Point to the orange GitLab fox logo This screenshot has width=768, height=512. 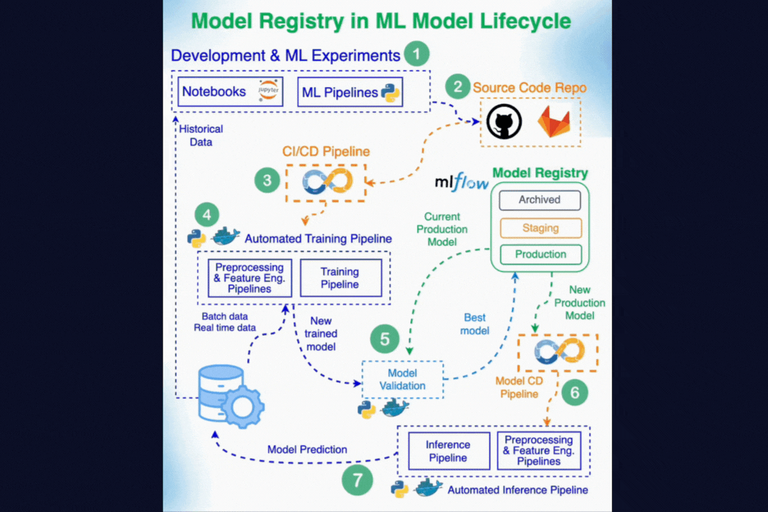[553, 122]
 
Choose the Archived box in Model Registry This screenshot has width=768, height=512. [540, 200]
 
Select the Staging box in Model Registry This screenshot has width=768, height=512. [540, 228]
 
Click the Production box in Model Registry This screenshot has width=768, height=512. [540, 254]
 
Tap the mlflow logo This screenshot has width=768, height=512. [461, 182]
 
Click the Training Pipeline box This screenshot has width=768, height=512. [340, 278]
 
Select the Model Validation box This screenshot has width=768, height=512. [403, 379]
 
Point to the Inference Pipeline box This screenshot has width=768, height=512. [447, 451]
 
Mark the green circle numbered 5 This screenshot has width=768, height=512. [385, 339]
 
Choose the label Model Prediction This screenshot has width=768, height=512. [307, 449]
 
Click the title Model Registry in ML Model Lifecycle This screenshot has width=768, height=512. [381, 21]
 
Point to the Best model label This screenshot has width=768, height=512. [475, 324]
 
